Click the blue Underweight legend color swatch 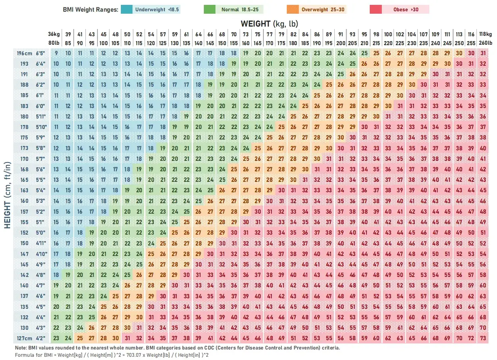[126, 10]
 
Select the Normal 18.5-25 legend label [240, 10]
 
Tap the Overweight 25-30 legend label [323, 10]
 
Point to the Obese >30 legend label [406, 10]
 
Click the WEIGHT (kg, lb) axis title [269, 24]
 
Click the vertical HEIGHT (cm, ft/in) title [7, 195]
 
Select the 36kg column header [54, 34]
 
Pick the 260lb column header [485, 43]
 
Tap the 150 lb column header [222, 43]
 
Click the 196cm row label [24, 53]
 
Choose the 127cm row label [24, 338]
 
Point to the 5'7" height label [40, 159]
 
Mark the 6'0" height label [40, 106]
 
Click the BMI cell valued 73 [483, 338]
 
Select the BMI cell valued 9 [56, 53]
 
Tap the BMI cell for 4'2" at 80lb [56, 338]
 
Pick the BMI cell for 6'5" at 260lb [483, 53]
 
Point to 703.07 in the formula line [134, 355]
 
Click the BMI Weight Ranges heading [91, 10]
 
